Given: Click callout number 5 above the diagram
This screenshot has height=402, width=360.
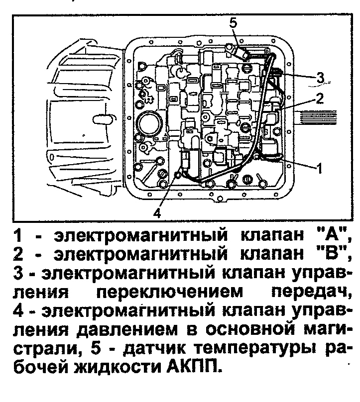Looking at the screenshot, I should pyautogui.click(x=234, y=22).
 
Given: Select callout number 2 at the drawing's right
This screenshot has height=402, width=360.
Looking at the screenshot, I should pyautogui.click(x=319, y=98).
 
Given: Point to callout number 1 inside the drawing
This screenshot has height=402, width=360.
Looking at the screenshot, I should pyautogui.click(x=320, y=168).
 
